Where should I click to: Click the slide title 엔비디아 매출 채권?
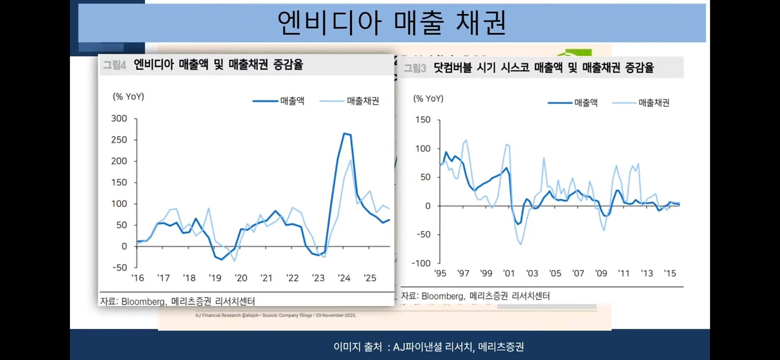click(x=392, y=23)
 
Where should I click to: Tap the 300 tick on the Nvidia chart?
click(x=119, y=119)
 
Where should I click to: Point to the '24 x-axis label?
click(x=344, y=278)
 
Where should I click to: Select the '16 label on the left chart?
click(x=137, y=278)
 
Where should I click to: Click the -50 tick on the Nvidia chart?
click(x=120, y=268)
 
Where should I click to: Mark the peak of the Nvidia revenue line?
click(x=344, y=133)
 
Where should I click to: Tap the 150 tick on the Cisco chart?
click(x=422, y=120)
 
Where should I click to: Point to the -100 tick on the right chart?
click(x=421, y=263)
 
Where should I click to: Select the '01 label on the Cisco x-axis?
click(x=509, y=273)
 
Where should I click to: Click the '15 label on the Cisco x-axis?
click(x=670, y=273)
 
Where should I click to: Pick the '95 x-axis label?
click(x=440, y=273)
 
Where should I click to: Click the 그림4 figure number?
click(x=115, y=65)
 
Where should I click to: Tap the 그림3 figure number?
click(x=415, y=68)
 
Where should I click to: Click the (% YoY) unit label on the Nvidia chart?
click(x=128, y=97)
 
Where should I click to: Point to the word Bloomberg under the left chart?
click(x=143, y=301)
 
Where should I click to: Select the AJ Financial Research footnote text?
click(x=275, y=315)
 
